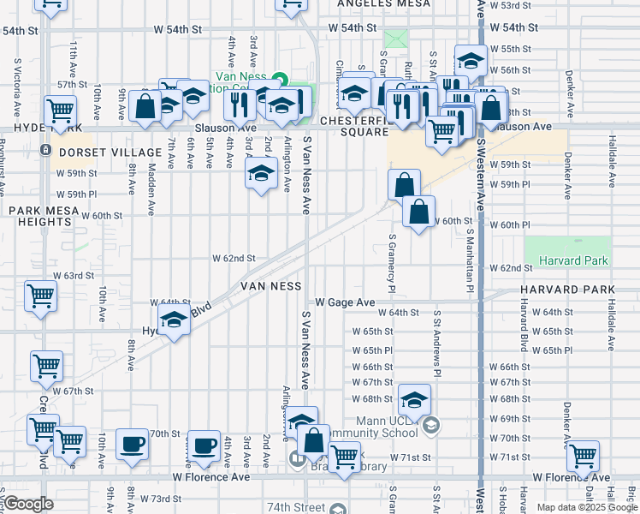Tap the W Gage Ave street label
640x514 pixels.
click(x=345, y=302)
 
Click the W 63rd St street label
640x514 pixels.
click(x=73, y=276)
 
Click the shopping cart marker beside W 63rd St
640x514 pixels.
click(x=40, y=296)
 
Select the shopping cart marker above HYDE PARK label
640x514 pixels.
click(x=61, y=110)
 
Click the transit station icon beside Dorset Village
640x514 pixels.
click(x=45, y=150)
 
